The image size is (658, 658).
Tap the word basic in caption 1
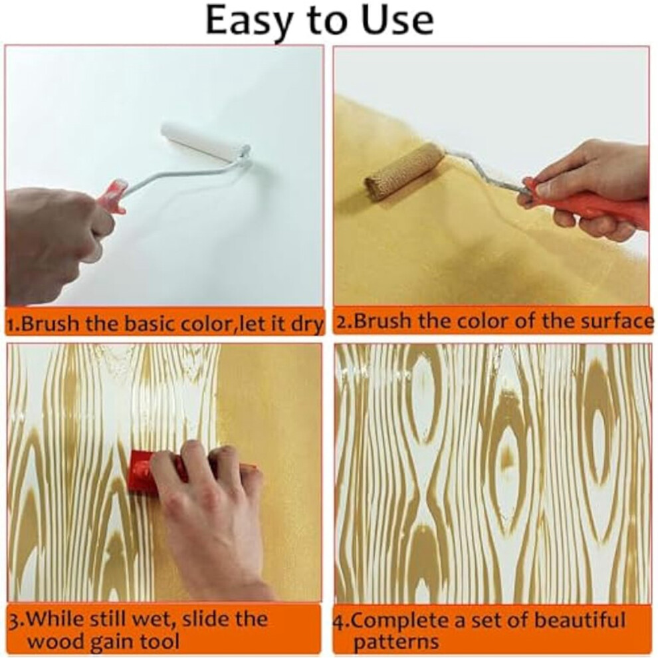click(154, 323)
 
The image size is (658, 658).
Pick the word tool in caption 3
click(162, 641)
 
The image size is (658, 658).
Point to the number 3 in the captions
click(13, 620)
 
